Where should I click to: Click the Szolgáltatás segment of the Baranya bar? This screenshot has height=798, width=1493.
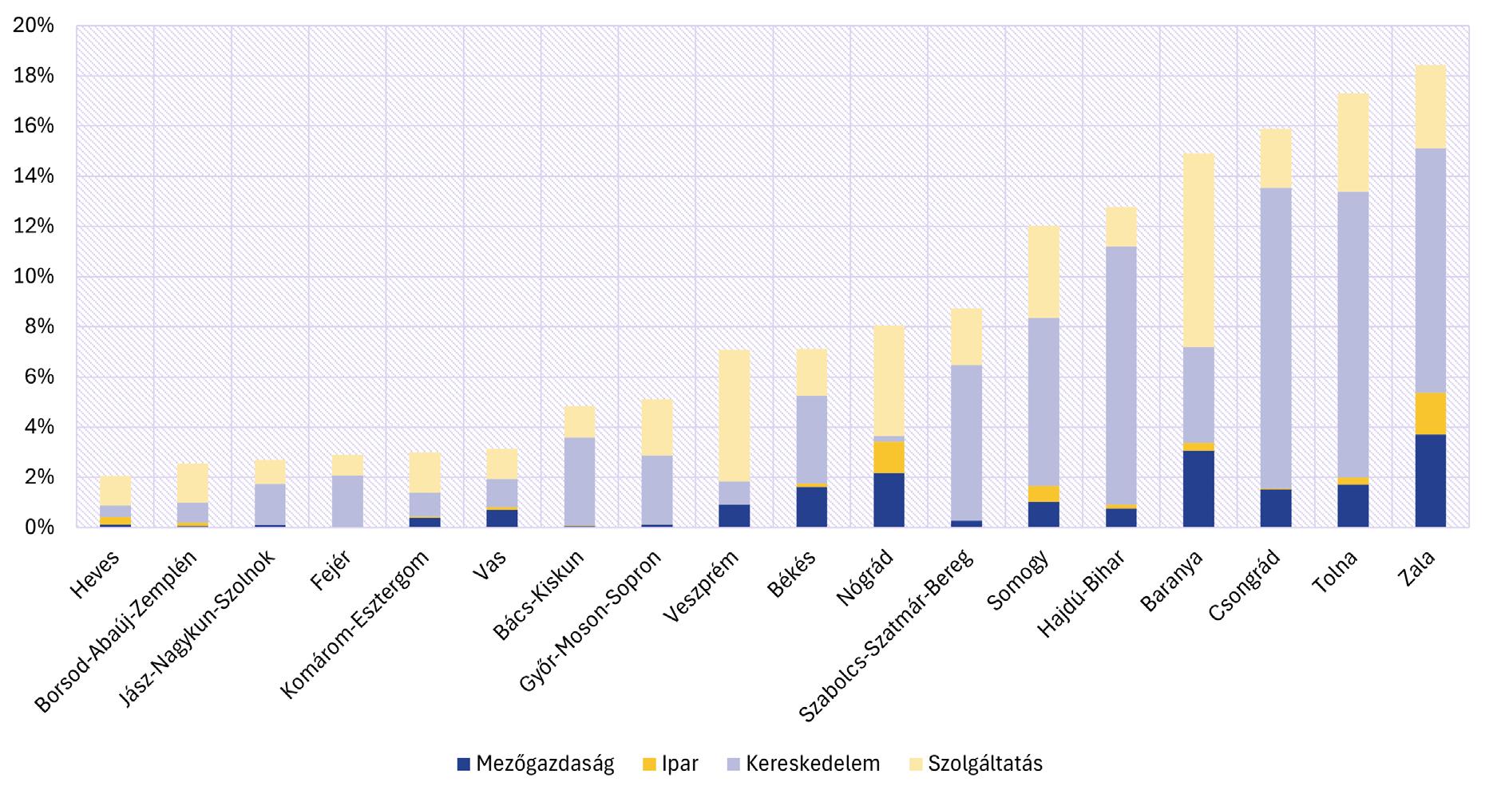1198,250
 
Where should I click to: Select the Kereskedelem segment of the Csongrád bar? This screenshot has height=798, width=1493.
1276,338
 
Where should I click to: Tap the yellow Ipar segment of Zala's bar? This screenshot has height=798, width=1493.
1431,413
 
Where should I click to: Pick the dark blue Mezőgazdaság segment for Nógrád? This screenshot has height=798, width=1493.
889,500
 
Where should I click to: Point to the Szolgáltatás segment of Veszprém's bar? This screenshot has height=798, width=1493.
735,415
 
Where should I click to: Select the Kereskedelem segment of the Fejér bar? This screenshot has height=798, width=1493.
347,500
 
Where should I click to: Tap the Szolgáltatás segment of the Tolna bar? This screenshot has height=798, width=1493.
1353,143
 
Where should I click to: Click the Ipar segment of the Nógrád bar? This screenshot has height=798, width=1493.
889,457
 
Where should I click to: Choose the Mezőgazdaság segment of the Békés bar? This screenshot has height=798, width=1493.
811,507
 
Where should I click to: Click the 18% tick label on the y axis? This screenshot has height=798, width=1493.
34,76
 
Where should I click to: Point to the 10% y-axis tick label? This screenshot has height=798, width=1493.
34,277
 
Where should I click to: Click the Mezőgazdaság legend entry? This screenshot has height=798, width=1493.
536,764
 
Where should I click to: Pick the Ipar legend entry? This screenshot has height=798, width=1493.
670,764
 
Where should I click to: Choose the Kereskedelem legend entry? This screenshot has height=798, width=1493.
802,764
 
